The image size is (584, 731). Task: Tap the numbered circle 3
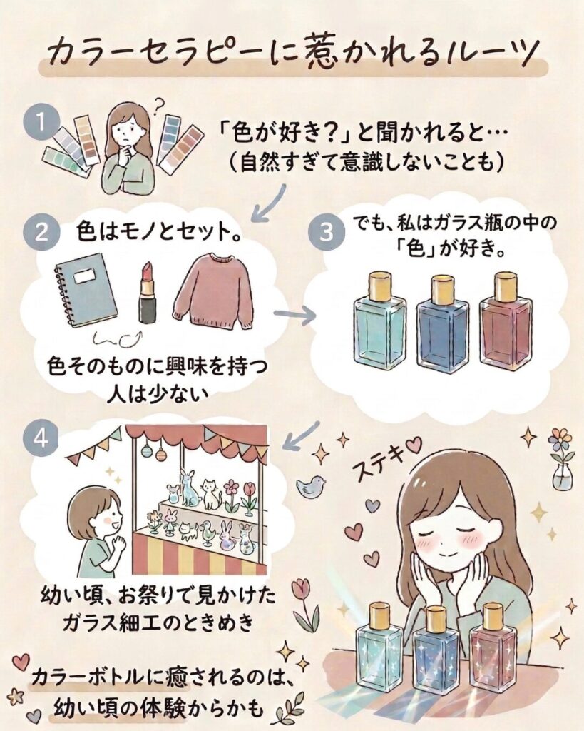(327, 232)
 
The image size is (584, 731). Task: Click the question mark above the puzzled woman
(160, 104)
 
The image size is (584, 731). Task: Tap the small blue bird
(309, 485)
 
